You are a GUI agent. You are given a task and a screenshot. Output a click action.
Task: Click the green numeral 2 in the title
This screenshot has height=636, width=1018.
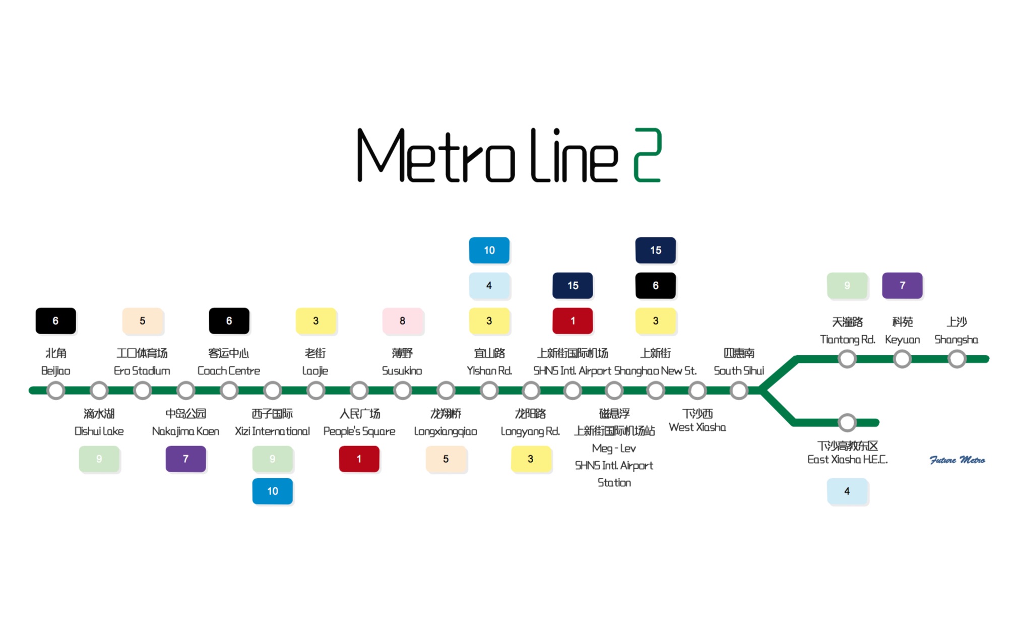point(647,155)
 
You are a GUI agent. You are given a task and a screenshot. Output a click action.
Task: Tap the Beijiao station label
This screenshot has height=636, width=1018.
point(55,370)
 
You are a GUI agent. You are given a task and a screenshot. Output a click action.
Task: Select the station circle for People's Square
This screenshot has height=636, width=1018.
point(359,390)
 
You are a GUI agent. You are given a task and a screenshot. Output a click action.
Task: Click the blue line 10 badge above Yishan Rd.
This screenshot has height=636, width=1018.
point(489,250)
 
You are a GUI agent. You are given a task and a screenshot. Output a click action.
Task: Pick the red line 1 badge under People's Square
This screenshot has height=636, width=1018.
point(359,459)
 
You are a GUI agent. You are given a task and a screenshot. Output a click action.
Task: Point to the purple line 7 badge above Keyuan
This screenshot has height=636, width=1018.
point(902,285)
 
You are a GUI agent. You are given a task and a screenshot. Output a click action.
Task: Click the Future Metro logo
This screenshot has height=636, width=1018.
point(957,460)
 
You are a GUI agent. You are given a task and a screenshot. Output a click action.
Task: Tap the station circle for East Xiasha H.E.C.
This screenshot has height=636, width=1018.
point(847,422)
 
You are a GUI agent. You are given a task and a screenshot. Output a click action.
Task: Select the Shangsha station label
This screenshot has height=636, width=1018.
point(956,339)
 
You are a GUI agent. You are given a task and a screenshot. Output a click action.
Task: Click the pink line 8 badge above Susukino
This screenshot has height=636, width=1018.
point(402,321)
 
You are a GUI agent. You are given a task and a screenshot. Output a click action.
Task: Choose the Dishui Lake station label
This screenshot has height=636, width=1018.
point(99,431)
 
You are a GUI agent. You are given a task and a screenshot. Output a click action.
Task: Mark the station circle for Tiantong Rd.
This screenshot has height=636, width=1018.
point(847,359)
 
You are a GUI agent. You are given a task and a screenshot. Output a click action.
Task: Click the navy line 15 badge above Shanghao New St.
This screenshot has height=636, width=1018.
point(655,250)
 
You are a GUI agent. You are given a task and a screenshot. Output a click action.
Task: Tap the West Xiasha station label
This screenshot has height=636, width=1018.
point(697,427)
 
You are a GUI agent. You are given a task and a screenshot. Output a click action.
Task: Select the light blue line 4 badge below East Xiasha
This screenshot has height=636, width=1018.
point(847,491)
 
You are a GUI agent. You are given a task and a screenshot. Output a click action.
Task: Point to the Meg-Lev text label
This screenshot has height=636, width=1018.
point(614,448)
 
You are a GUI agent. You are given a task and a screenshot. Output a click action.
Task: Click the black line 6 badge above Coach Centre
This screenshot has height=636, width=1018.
point(229,321)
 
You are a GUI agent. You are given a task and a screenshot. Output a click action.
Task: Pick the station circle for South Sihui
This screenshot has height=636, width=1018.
point(739,390)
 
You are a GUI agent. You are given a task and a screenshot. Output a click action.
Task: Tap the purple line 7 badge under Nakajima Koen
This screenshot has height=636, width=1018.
point(185,459)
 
